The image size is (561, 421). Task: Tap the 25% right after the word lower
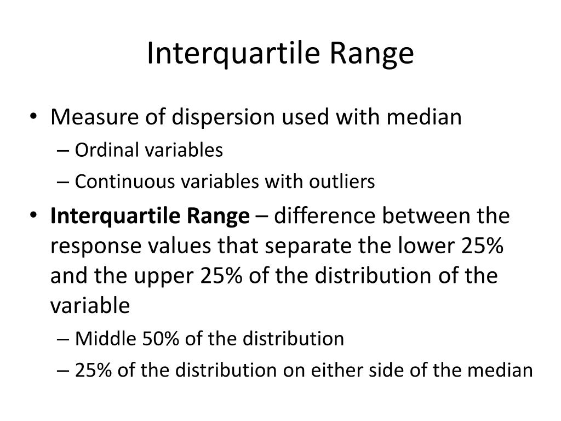482,246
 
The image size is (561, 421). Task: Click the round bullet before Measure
36,118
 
